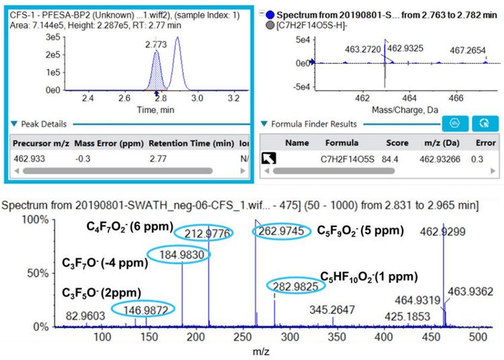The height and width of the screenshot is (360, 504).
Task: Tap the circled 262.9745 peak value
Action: pos(282,231)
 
